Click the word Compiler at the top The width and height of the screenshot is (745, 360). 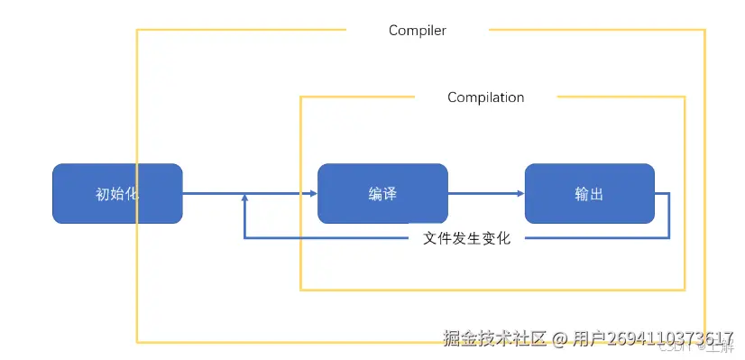pos(417,31)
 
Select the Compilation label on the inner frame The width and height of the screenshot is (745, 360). pos(485,97)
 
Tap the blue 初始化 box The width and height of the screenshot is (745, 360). pos(117,194)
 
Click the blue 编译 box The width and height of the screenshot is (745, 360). pos(382,194)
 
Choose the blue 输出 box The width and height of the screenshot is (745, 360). pos(589,194)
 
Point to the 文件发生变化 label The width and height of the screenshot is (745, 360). pos(466,239)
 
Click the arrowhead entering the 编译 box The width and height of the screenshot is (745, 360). pos(311,194)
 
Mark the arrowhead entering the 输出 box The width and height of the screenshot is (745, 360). pos(519,194)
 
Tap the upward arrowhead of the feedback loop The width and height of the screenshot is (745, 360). pos(244,199)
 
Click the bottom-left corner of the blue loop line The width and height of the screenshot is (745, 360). pos(244,238)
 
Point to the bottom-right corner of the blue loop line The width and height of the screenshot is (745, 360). pos(668,238)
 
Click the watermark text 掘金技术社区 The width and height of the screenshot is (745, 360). pos(494,338)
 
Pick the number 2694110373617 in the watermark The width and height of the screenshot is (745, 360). pos(669,338)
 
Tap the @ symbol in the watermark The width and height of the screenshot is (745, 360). pos(559,339)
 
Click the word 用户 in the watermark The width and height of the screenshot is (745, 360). pos(588,338)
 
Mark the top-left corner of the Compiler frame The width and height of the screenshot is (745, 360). pos(137,31)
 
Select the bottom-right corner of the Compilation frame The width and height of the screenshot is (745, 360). pos(684,290)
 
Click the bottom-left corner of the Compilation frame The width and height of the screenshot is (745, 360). pos(300,290)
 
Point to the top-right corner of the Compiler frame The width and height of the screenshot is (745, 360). pos(704,31)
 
